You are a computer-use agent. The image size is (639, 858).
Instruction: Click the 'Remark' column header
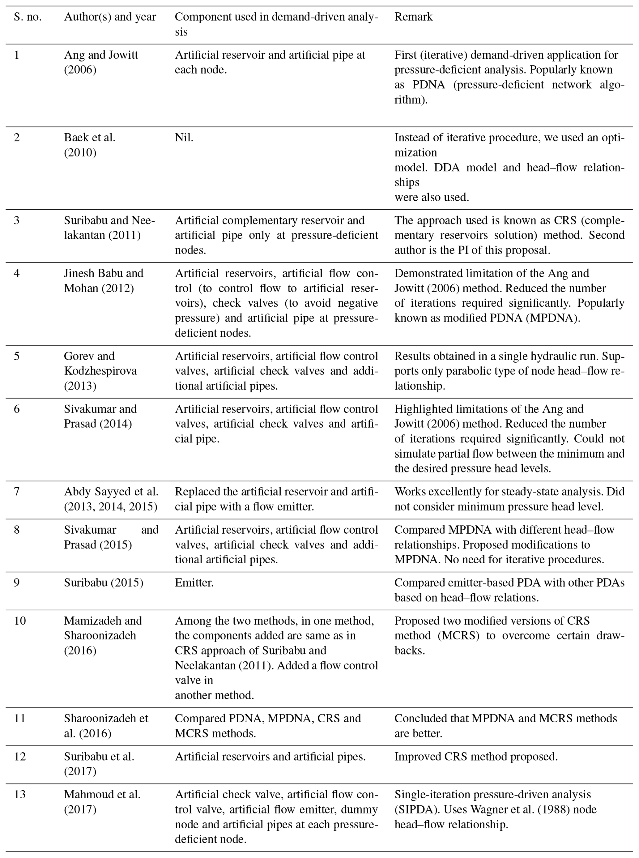click(413, 17)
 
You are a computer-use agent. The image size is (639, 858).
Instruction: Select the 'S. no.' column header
click(28, 17)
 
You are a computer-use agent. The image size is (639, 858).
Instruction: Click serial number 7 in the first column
click(17, 492)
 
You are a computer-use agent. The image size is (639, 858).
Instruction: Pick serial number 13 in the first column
click(20, 795)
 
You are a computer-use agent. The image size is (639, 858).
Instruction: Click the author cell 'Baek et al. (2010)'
click(90, 145)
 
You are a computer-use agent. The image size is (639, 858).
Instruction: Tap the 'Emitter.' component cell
click(194, 583)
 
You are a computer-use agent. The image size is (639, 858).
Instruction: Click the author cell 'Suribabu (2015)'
click(103, 583)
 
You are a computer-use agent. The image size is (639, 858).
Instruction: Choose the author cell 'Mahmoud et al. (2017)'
click(102, 802)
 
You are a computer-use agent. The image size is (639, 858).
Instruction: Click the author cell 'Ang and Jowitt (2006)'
click(101, 62)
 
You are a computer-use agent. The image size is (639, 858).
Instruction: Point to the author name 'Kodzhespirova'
click(100, 371)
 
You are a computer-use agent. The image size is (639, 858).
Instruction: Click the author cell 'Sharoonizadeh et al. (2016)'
click(106, 726)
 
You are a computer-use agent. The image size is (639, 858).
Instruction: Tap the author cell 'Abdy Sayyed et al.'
click(111, 492)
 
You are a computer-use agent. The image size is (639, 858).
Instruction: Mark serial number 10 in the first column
click(20, 621)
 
